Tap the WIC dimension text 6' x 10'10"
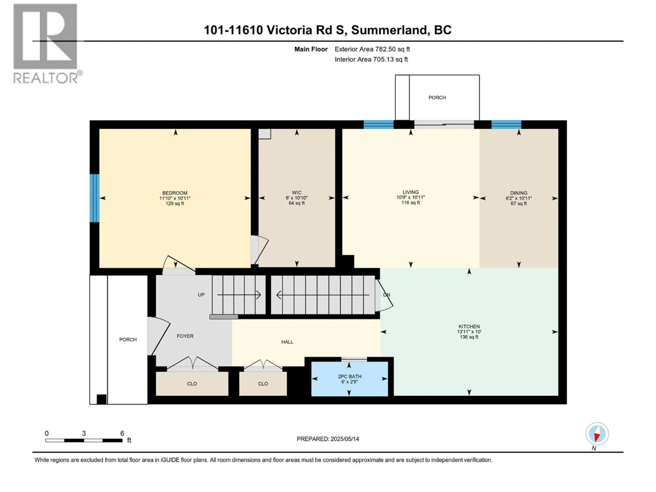click(297, 198)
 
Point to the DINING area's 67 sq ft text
click(519, 203)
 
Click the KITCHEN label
click(469, 326)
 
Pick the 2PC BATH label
click(350, 376)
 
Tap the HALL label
click(287, 342)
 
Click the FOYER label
click(185, 336)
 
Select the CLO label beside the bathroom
click(263, 384)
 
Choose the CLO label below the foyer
click(192, 384)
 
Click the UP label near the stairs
click(201, 295)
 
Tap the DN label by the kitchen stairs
click(386, 295)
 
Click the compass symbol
click(597, 434)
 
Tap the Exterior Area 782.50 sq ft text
click(372, 49)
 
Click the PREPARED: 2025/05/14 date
click(328, 439)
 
